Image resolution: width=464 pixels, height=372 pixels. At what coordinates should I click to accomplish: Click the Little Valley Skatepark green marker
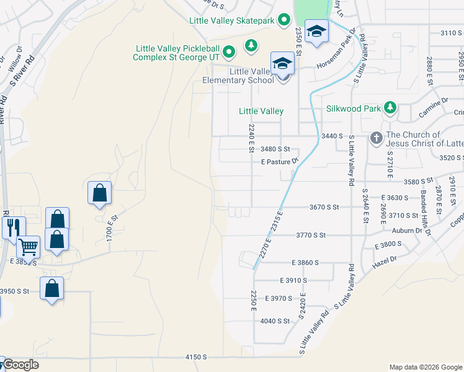[284, 20]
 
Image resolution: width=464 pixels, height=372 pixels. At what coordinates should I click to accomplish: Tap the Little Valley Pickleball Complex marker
[228, 51]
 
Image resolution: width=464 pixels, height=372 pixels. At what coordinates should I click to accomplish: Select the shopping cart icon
[28, 247]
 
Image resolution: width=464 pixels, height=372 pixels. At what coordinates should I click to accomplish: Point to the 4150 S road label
[195, 358]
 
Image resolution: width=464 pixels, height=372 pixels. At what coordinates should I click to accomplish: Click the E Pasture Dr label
[280, 161]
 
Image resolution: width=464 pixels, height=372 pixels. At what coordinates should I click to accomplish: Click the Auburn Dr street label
[407, 231]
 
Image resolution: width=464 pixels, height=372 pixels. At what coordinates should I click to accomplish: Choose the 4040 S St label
[275, 321]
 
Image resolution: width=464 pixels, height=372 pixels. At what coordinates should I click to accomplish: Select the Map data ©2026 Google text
[425, 367]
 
